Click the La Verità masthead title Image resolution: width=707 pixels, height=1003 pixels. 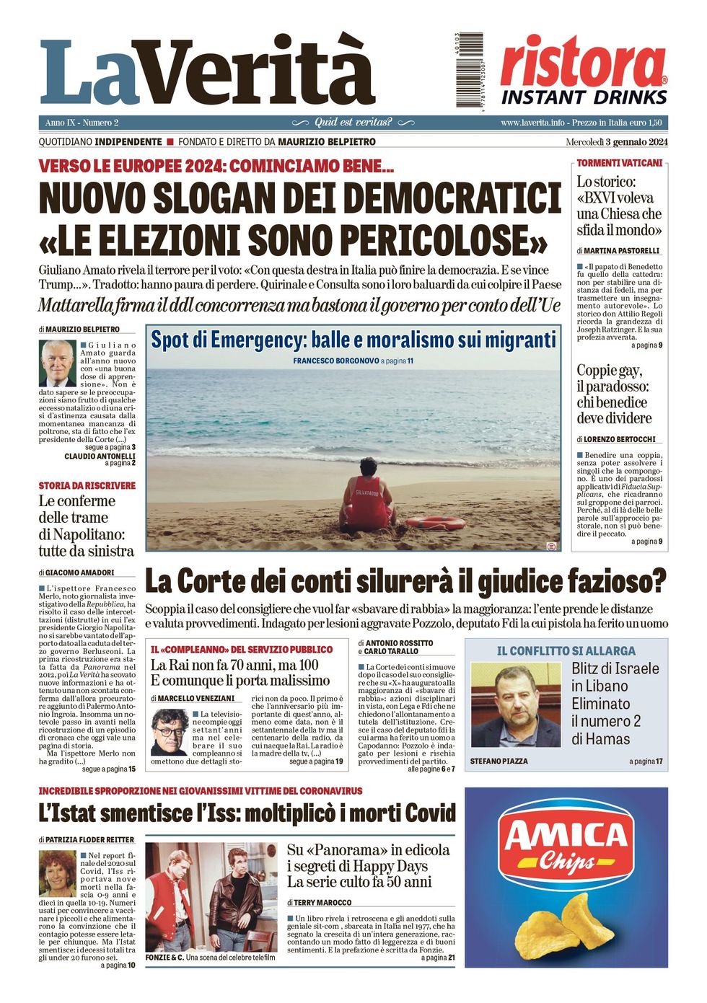208,72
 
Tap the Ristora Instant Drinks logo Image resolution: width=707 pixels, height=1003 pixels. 583,71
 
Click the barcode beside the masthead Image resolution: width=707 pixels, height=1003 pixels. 469,71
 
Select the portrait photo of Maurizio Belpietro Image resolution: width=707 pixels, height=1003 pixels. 58,363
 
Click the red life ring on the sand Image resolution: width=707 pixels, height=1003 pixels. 434,522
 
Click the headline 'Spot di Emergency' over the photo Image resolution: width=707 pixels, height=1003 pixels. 353,340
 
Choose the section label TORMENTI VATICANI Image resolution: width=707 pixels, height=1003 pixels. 619,163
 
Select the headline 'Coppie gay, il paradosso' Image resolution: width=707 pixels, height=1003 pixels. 614,394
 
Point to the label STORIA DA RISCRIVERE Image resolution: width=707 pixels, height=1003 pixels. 87,485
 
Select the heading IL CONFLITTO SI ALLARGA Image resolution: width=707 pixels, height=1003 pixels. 566,650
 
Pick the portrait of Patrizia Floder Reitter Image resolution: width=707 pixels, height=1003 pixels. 57,873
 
